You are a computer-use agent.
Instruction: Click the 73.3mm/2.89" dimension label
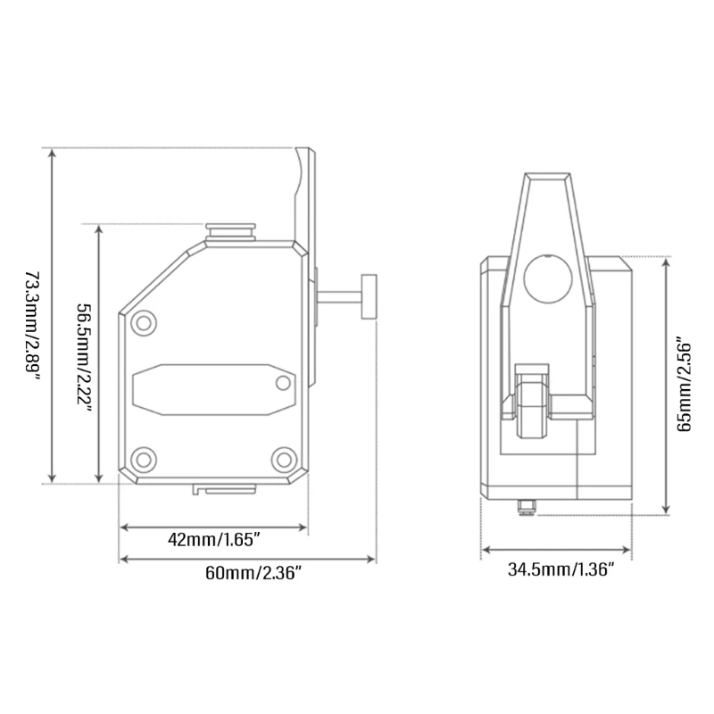click(33, 327)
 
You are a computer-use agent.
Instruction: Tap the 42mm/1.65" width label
click(213, 540)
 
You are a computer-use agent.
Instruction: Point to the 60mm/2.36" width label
click(253, 573)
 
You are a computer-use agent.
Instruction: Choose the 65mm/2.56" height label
click(684, 385)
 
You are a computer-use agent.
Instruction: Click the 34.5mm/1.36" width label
click(561, 569)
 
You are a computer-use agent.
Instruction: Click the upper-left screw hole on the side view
click(144, 323)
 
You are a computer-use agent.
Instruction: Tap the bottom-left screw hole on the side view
click(144, 460)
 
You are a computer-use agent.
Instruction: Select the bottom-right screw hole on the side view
click(284, 460)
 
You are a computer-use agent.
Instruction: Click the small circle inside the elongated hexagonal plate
click(283, 384)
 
